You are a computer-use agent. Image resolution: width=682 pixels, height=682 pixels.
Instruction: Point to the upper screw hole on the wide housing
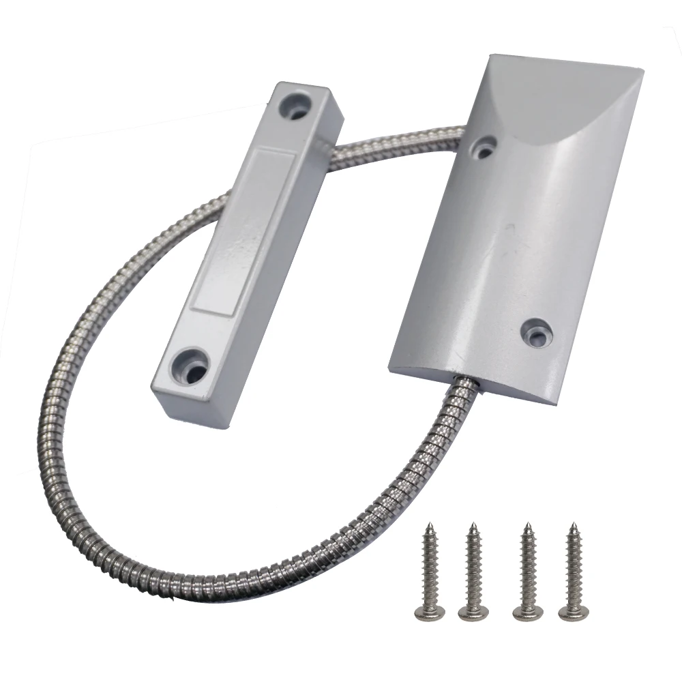click(485, 147)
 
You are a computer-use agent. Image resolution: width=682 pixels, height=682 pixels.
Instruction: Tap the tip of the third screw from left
click(525, 524)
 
